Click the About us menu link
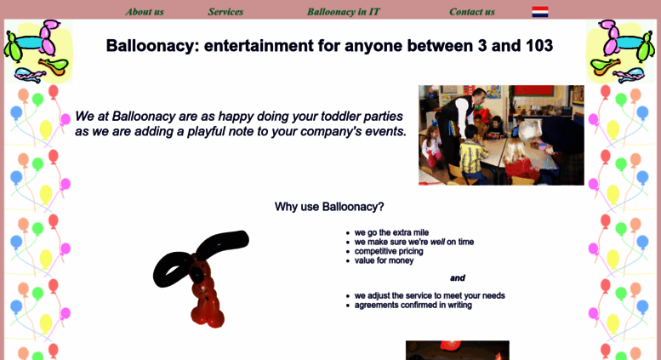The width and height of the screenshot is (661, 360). (145, 12)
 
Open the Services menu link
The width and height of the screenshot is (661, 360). (225, 12)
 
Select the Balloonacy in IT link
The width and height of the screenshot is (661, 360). (343, 12)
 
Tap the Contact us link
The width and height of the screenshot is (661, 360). (472, 12)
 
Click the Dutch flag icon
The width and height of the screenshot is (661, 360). (540, 12)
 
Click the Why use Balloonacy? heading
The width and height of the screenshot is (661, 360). (329, 207)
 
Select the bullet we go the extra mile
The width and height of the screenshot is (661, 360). (391, 232)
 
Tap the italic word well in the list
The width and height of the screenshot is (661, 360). (437, 242)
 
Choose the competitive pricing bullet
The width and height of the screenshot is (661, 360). (389, 251)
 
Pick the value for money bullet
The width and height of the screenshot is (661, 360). (384, 260)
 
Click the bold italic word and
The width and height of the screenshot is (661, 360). (458, 277)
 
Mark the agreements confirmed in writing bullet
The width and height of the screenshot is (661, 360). (413, 305)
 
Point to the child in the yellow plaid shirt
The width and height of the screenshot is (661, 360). (472, 156)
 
